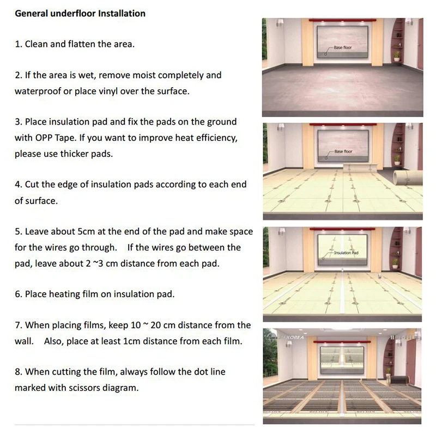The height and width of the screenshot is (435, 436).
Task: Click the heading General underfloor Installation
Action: click(x=80, y=13)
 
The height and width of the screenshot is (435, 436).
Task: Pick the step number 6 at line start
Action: click(x=17, y=294)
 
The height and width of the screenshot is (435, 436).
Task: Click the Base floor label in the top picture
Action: click(x=343, y=48)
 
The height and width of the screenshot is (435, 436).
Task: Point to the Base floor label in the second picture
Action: click(x=343, y=151)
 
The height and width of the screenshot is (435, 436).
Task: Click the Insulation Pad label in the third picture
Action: click(x=347, y=253)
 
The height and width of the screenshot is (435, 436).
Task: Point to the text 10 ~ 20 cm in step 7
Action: click(x=152, y=325)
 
